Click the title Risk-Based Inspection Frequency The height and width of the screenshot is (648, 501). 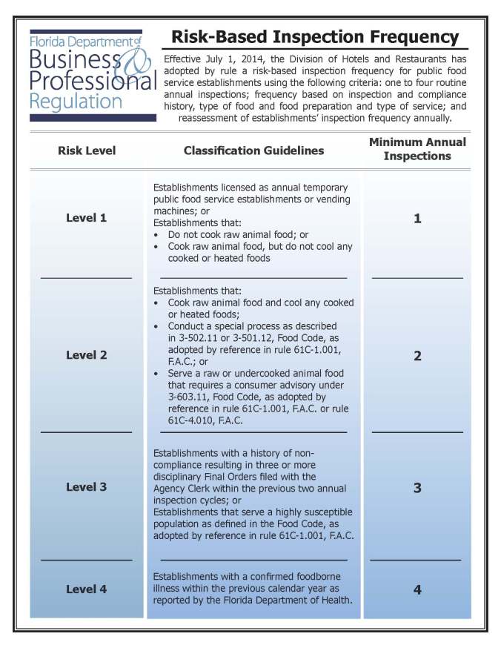pyautogui.click(x=315, y=37)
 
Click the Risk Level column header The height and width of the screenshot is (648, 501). pyautogui.click(x=87, y=151)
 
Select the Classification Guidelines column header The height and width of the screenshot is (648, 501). pyautogui.click(x=253, y=151)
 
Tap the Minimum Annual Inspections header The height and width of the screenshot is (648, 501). pyautogui.click(x=417, y=149)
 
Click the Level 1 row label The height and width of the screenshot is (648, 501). pyautogui.click(x=87, y=218)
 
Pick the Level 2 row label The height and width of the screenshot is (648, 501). pyautogui.click(x=87, y=355)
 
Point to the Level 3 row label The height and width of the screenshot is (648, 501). pyautogui.click(x=87, y=487)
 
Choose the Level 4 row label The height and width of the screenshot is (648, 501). pyautogui.click(x=87, y=589)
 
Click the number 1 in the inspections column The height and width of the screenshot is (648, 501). pyautogui.click(x=417, y=219)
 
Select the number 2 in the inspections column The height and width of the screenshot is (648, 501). pyautogui.click(x=417, y=356)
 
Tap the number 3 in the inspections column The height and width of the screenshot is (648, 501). pyautogui.click(x=417, y=489)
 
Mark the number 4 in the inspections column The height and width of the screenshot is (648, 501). pyautogui.click(x=417, y=590)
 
